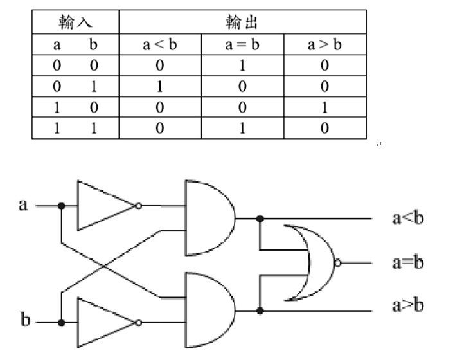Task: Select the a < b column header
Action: (x=159, y=46)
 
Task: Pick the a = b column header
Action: (x=242, y=46)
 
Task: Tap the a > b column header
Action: (x=324, y=46)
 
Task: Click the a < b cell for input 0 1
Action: (x=159, y=87)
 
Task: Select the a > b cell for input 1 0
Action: (x=324, y=107)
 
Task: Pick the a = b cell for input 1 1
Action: (x=242, y=128)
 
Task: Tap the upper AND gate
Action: (x=207, y=217)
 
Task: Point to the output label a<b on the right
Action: (x=408, y=218)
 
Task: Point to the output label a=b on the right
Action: (x=408, y=262)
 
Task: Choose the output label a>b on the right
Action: (x=408, y=305)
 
